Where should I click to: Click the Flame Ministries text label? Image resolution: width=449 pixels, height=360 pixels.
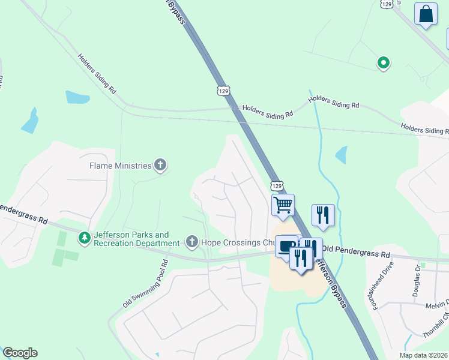click(120, 165)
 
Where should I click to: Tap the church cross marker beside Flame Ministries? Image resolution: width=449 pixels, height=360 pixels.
click(160, 164)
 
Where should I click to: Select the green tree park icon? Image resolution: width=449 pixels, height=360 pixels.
click(85, 238)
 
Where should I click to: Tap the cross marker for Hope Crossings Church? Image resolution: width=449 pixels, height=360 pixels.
click(192, 242)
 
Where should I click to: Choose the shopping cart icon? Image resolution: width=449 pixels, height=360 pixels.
click(283, 205)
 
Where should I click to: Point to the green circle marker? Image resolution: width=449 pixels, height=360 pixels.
click(382, 62)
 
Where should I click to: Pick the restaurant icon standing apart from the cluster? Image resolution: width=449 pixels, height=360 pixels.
click(323, 215)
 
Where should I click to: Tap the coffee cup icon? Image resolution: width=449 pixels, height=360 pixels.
click(286, 246)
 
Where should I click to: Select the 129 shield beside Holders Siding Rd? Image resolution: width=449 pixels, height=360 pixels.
click(223, 91)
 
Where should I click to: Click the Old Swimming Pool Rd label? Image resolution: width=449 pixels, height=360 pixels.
click(146, 285)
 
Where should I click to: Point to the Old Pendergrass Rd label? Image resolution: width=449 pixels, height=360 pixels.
click(355, 248)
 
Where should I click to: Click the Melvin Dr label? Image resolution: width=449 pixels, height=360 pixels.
click(437, 305)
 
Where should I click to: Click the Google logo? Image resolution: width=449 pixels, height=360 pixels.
click(20, 353)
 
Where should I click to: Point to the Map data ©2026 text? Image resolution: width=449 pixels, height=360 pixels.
click(423, 355)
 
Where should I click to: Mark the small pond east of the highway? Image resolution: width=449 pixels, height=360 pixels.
click(341, 155)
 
